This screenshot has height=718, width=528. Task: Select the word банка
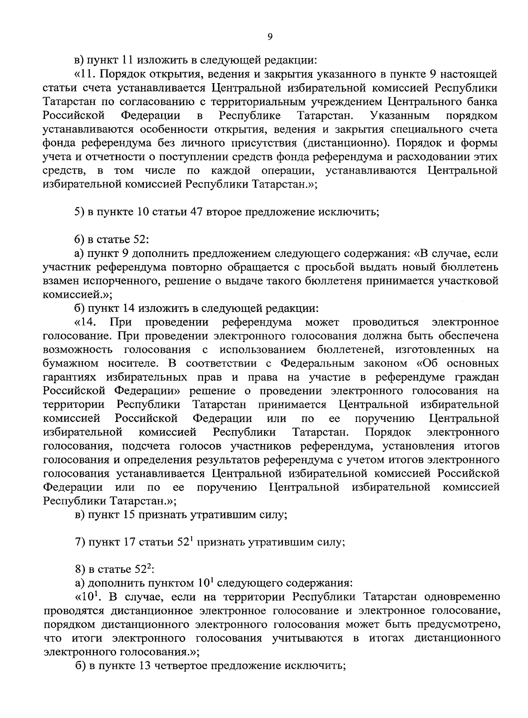(481, 102)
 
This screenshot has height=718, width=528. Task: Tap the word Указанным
(400, 116)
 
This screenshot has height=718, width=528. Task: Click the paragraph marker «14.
(85, 322)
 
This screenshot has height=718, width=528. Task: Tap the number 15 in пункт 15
(127, 515)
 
